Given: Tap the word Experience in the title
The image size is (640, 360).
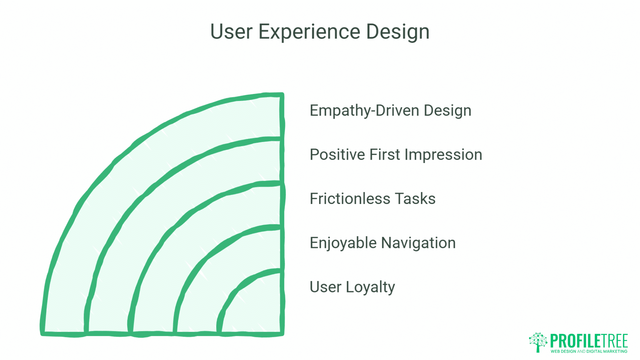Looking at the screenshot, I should [309, 32].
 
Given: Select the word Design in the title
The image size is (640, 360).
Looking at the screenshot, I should [397, 32].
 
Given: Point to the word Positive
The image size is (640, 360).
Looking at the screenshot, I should [337, 155].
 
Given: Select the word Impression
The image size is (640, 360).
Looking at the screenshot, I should [443, 155].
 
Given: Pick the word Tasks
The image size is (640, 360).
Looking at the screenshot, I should [415, 199].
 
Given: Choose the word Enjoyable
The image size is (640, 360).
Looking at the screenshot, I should [343, 243].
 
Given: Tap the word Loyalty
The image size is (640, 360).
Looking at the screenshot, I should [370, 287].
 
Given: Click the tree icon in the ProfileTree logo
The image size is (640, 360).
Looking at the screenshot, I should [538, 342].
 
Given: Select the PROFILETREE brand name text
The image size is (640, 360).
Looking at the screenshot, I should [589, 341].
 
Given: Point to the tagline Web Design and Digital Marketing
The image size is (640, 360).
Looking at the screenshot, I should [589, 351].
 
